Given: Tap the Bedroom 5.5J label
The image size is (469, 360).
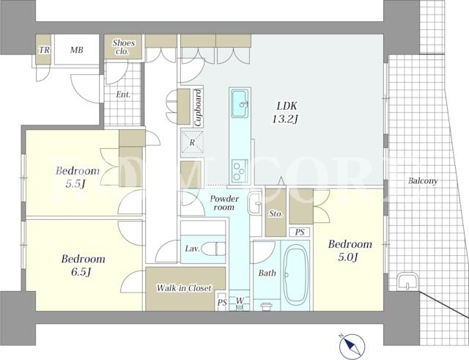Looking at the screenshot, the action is (x=78, y=177).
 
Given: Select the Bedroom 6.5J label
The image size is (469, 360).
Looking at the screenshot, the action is (x=83, y=265).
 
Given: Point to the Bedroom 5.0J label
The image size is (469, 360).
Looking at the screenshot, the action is (x=350, y=250).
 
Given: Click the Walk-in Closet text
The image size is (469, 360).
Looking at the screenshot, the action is (x=184, y=288).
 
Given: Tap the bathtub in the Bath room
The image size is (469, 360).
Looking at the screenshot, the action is (x=296, y=275).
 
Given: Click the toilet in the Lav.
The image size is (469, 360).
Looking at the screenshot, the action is (x=213, y=249).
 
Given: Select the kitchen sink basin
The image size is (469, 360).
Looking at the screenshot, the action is (x=240, y=103).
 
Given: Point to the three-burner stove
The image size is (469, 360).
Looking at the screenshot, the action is (x=240, y=170).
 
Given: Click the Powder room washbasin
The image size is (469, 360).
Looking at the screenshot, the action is (x=255, y=203).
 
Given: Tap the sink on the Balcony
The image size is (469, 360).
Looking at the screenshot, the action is (x=407, y=281).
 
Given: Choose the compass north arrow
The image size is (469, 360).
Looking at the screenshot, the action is (x=352, y=345).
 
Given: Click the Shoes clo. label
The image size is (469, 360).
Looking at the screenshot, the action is (x=123, y=47).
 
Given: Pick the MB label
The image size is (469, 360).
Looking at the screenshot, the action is (x=77, y=50).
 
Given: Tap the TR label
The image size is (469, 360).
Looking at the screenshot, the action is (x=44, y=50).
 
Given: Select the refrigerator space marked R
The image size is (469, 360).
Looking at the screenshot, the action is (x=192, y=143).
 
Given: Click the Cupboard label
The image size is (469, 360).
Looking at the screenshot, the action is (x=198, y=108).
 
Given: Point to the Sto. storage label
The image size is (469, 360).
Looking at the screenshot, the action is (x=276, y=213).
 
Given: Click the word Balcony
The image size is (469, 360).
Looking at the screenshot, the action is (x=423, y=181).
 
